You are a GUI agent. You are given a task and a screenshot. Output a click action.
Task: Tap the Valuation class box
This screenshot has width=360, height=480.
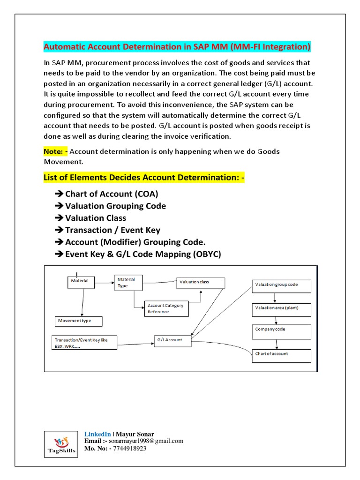pyautogui.click(x=201, y=283)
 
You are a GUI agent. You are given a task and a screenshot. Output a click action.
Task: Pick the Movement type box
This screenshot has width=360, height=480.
pyautogui.click(x=79, y=321)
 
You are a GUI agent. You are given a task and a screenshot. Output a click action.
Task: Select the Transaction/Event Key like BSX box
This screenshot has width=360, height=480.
pyautogui.click(x=84, y=343)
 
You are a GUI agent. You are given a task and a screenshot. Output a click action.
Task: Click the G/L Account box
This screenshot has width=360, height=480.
pyautogui.click(x=173, y=340)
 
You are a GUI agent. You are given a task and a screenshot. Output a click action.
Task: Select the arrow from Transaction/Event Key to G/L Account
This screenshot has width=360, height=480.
pyautogui.click(x=135, y=345)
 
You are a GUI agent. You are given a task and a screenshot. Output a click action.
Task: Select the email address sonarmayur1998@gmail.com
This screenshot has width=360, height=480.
pyautogui.click(x=146, y=441)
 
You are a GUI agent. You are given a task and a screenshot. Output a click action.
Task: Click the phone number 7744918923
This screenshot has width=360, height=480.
pyautogui.click(x=130, y=449)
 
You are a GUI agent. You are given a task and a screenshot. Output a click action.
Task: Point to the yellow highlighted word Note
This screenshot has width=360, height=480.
pyautogui.click(x=53, y=151)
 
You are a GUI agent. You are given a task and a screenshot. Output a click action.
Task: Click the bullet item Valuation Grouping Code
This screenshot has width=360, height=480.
pyautogui.click(x=115, y=206)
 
